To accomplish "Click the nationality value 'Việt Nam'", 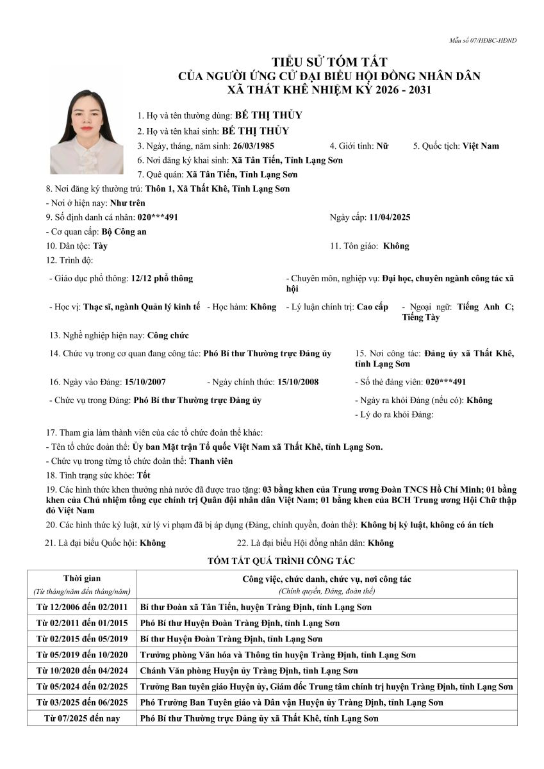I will [x=481, y=146].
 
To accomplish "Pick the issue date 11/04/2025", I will [x=390, y=217].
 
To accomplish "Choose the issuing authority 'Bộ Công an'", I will [x=124, y=232].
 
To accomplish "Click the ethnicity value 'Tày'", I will [x=100, y=246].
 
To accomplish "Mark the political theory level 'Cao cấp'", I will [x=372, y=307].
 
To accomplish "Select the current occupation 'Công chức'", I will [x=168, y=335].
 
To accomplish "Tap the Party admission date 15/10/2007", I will [x=145, y=382].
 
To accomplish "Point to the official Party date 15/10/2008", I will [x=298, y=382].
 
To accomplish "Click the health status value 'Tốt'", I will [x=144, y=475].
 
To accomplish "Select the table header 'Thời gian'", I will [x=82, y=579].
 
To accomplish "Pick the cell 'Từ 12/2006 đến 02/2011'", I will [x=82, y=607].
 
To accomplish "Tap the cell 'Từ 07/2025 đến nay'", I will [x=82, y=718].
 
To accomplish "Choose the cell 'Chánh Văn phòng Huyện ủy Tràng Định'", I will [x=249, y=671].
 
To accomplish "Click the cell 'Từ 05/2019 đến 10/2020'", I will [x=82, y=655].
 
